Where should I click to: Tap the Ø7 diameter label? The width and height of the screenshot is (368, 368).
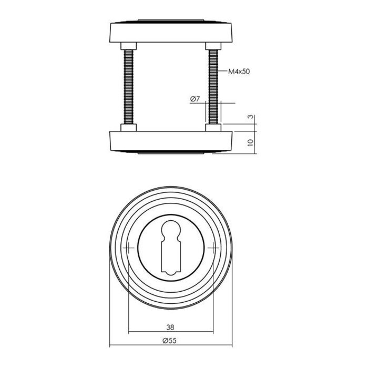pos(194,99)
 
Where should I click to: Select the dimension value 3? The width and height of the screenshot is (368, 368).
pos(251,118)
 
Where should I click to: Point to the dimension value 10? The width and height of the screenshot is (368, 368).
pos(251,141)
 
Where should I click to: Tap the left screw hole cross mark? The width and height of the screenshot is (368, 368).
pos(129,248)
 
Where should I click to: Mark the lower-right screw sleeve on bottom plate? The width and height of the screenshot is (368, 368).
pos(212,127)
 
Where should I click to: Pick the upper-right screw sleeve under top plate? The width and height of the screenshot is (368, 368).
pos(212,45)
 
